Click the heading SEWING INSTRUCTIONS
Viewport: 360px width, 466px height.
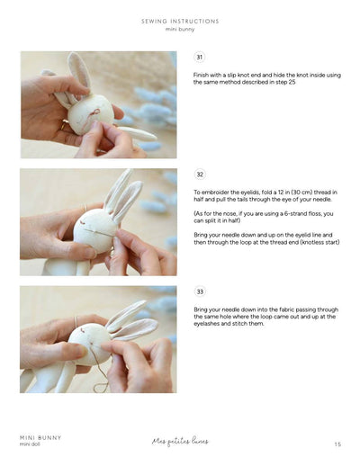pyautogui.click(x=180, y=21)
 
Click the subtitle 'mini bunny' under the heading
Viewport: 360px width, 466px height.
pyautogui.click(x=180, y=29)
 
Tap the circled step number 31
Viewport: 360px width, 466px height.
pyautogui.click(x=200, y=57)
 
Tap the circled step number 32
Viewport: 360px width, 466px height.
pyautogui.click(x=200, y=175)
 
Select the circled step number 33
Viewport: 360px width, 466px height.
pyautogui.click(x=200, y=292)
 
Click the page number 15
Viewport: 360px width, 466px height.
pyautogui.click(x=337, y=444)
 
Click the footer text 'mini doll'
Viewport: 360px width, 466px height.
pyautogui.click(x=33, y=444)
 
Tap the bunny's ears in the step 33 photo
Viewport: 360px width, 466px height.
pyautogui.click(x=130, y=319)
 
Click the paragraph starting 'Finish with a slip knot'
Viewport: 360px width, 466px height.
pyautogui.click(x=266, y=78)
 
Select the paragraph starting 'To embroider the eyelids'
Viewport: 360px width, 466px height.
pyautogui.click(x=266, y=196)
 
